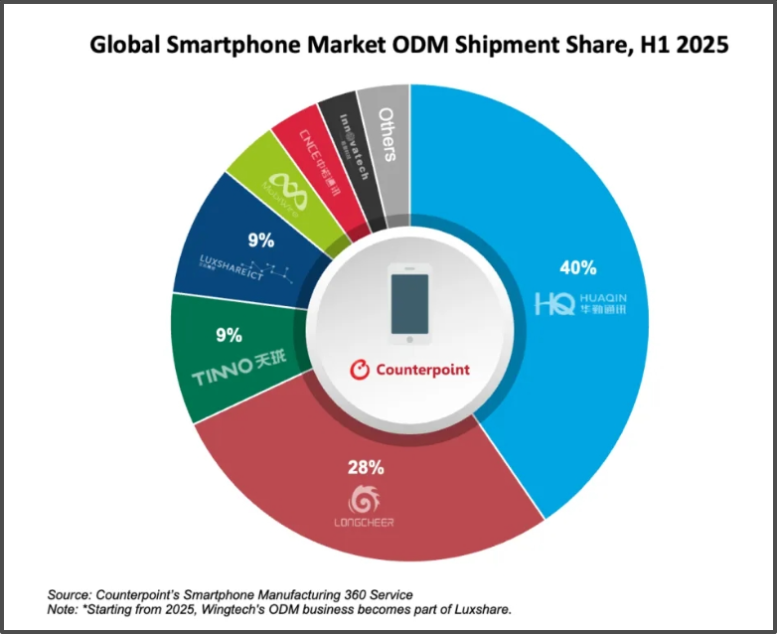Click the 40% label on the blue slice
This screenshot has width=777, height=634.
[x=577, y=267]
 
